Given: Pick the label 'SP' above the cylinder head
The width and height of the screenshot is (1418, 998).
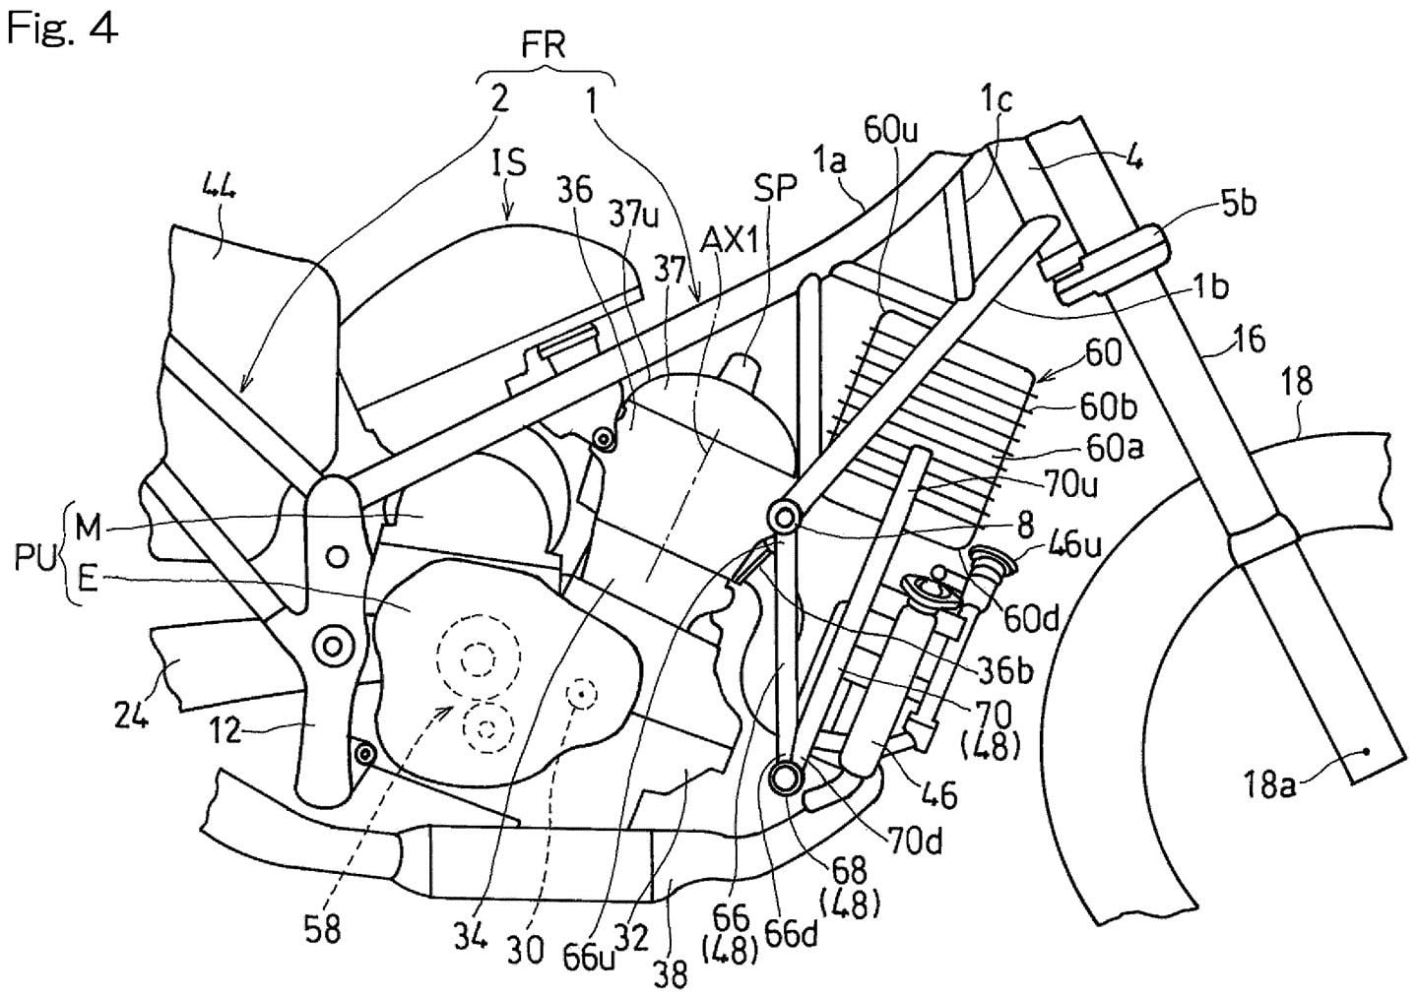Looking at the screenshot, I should pyautogui.click(x=776, y=189).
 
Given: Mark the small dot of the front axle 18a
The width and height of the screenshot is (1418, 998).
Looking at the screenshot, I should pyautogui.click(x=1366, y=753).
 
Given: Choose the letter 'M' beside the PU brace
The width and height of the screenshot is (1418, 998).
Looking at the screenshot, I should pyautogui.click(x=89, y=529).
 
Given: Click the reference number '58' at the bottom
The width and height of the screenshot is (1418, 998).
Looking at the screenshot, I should pyautogui.click(x=322, y=928).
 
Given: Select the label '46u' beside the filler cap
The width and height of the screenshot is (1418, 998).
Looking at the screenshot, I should pyautogui.click(x=1056, y=544).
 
